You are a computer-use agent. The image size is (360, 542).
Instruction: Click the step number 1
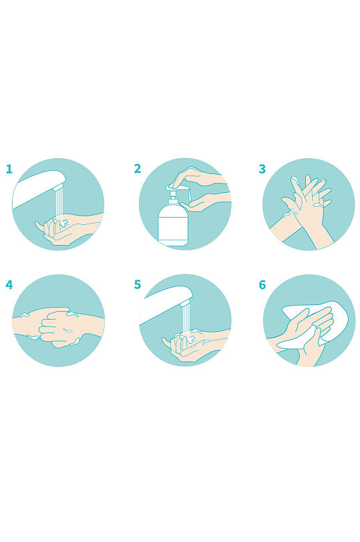(x=9, y=169)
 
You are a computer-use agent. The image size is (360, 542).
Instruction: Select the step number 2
(x=138, y=169)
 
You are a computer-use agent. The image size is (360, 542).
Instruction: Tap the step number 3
(x=262, y=169)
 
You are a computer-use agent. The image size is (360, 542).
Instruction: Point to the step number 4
(x=9, y=285)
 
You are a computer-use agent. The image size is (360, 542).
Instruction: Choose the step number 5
(x=138, y=284)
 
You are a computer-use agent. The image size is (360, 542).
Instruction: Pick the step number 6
(x=262, y=285)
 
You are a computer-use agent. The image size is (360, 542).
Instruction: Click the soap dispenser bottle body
(x=173, y=225)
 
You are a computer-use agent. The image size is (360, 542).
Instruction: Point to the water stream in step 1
(x=60, y=204)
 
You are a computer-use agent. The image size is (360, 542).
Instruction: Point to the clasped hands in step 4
(x=58, y=326)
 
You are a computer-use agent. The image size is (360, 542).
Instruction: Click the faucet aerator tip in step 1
(x=59, y=187)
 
